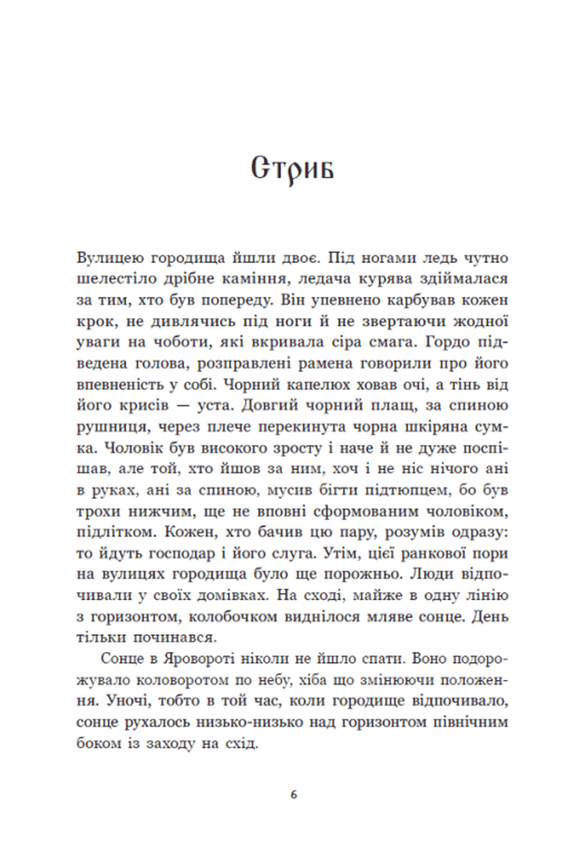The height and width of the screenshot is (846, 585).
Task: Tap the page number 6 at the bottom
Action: [x=294, y=794]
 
